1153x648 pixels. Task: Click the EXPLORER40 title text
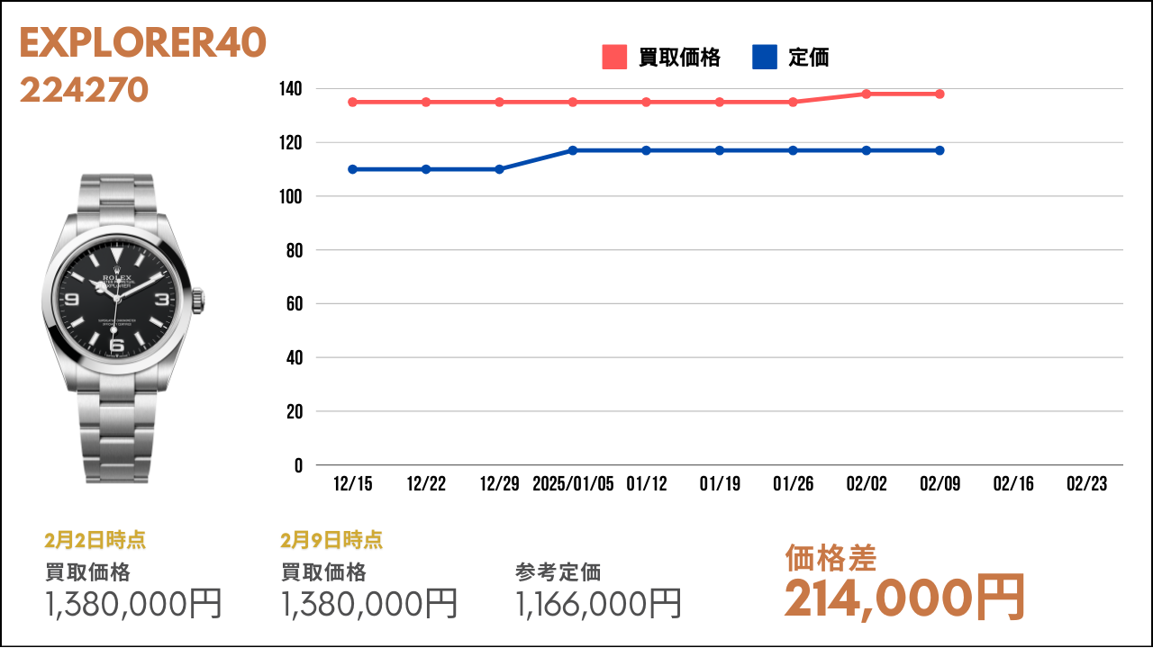[x=143, y=42]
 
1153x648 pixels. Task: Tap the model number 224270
[x=85, y=89]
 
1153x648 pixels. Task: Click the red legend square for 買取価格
[x=614, y=57]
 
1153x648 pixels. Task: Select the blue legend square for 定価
[x=765, y=57]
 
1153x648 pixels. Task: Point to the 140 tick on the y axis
[x=290, y=89]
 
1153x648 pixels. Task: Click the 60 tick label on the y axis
[x=295, y=304]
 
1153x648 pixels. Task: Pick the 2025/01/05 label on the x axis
[x=573, y=484]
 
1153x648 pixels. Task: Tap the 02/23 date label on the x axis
[x=1086, y=484]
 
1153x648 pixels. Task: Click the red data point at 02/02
[x=867, y=94]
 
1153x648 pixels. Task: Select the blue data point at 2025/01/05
[x=573, y=150]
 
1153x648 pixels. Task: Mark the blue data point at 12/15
[x=352, y=169]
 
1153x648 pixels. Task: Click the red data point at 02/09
[x=940, y=94]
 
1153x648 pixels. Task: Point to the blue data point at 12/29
[x=499, y=169]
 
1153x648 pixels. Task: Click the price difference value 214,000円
[x=904, y=598]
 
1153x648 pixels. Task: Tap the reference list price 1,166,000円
[x=598, y=604]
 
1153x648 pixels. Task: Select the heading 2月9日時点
[x=331, y=540]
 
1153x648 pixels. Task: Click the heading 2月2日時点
[x=95, y=540]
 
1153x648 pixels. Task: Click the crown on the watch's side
[x=198, y=301]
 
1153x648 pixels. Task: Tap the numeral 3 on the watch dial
[x=161, y=299]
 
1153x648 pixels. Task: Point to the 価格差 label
[x=831, y=558]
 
